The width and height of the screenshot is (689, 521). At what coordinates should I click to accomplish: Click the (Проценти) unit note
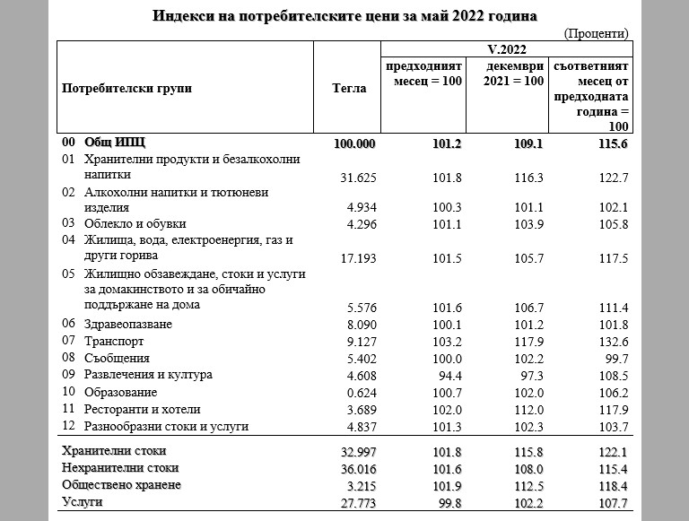pyautogui.click(x=597, y=33)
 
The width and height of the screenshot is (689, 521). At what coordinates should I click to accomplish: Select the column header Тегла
pyautogui.click(x=349, y=88)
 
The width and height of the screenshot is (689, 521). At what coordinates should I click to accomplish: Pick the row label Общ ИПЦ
pyautogui.click(x=114, y=143)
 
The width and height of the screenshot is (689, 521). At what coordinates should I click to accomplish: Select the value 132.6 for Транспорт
pyautogui.click(x=613, y=341)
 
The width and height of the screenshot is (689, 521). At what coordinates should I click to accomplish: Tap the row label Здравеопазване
pyautogui.click(x=127, y=324)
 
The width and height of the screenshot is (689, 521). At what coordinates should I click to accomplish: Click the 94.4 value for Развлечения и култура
pyautogui.click(x=448, y=375)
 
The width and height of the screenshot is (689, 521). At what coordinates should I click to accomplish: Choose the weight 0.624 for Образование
pyautogui.click(x=361, y=392)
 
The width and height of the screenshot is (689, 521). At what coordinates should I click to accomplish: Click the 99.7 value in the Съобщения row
pyautogui.click(x=616, y=358)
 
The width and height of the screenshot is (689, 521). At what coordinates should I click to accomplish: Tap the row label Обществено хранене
pyautogui.click(x=121, y=484)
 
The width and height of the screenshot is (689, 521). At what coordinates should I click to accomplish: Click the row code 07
pyautogui.click(x=68, y=341)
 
